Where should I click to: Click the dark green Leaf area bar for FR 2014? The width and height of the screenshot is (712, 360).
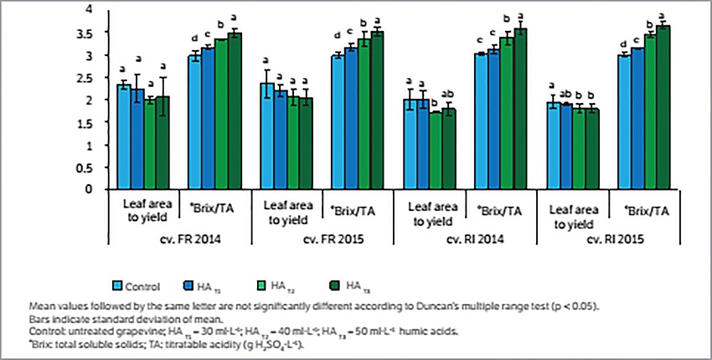click(x=163, y=142)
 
